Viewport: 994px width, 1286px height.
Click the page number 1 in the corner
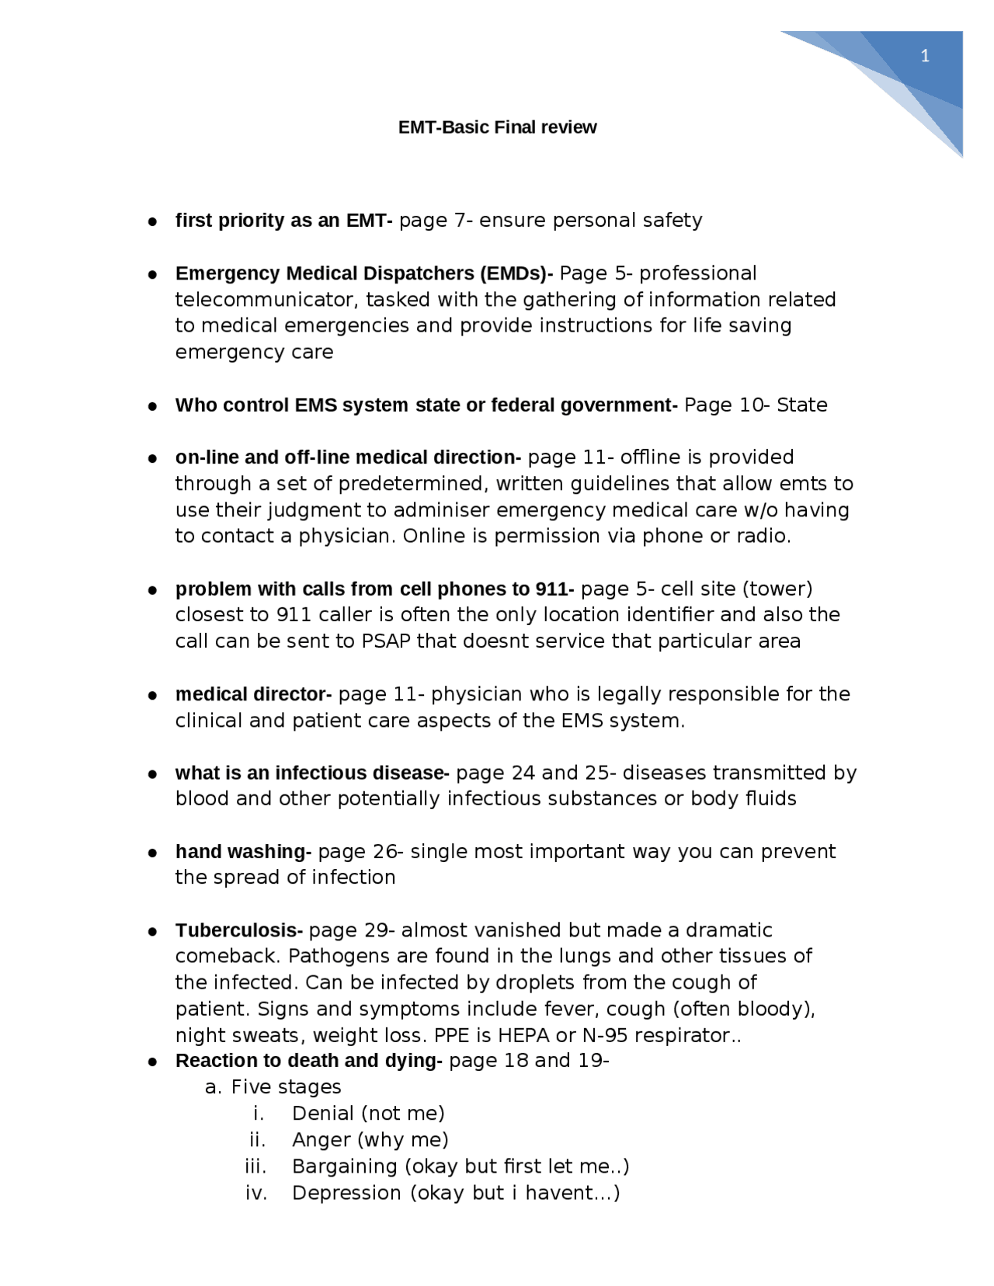tap(924, 56)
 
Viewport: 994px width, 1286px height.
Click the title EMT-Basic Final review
tap(497, 127)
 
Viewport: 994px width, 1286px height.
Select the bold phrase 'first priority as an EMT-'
tap(283, 221)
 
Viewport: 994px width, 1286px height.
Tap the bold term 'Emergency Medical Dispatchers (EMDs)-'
tap(363, 273)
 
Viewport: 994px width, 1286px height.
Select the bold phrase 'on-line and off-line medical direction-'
tap(347, 457)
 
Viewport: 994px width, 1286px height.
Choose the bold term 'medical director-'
tap(253, 694)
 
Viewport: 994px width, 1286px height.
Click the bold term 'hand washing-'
tap(243, 852)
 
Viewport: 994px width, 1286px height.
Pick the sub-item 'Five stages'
tap(286, 1087)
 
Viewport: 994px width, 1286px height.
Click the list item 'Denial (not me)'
tap(368, 1114)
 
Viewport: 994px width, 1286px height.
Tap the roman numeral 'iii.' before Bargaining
tap(255, 1166)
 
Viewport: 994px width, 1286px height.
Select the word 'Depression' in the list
tap(346, 1193)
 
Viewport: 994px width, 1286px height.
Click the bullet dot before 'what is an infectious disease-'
tap(154, 774)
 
